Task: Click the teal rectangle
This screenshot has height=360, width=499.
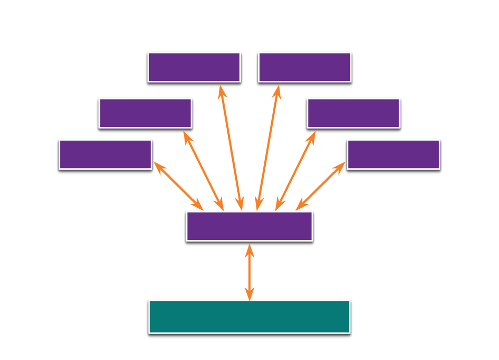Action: click(x=249, y=316)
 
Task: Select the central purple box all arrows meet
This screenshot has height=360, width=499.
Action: click(x=249, y=226)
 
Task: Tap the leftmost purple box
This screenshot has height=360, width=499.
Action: click(x=105, y=154)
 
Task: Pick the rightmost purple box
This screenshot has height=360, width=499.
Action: click(x=393, y=154)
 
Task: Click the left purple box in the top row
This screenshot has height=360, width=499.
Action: click(x=194, y=67)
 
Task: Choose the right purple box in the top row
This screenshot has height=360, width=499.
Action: click(x=304, y=67)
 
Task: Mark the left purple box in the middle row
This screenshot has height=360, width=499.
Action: click(x=145, y=113)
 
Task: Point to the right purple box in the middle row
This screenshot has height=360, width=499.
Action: click(x=353, y=113)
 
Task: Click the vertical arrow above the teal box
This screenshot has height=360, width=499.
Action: click(x=249, y=272)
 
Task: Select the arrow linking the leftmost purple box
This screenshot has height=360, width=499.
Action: click(x=178, y=186)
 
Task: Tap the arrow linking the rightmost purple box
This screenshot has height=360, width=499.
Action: click(x=320, y=186)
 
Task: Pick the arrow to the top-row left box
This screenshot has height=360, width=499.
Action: click(x=231, y=147)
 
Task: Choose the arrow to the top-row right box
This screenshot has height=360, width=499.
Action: click(x=267, y=147)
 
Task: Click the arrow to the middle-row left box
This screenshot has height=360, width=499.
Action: click(x=204, y=171)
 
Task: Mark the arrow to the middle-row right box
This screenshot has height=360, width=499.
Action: click(x=295, y=171)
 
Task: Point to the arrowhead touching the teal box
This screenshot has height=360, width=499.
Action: click(x=249, y=294)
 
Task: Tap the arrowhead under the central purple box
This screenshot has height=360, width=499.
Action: click(x=249, y=250)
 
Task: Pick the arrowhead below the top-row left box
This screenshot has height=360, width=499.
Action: click(x=223, y=91)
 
